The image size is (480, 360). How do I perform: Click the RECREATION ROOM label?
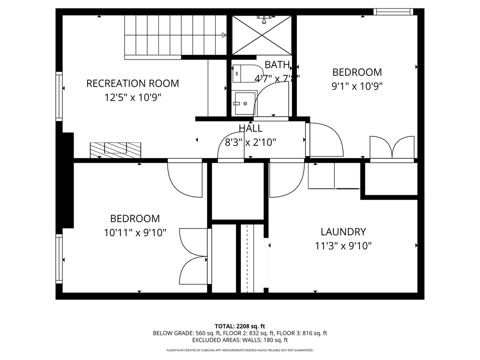click(133, 83)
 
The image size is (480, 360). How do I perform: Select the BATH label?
click(277, 65)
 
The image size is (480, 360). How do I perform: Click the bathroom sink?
click(243, 103)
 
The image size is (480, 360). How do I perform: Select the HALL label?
click(250, 128)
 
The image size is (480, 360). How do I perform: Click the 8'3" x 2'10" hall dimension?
click(250, 142)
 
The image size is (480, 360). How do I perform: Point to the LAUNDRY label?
click(343, 232)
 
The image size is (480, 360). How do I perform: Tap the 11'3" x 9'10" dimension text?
click(343, 246)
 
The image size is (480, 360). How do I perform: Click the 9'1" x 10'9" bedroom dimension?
click(357, 86)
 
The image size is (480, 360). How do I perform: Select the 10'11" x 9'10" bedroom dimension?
click(135, 232)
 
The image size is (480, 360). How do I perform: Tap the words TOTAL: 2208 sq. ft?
click(240, 326)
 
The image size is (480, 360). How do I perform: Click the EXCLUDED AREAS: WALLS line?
click(240, 340)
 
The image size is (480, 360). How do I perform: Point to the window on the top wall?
click(393, 12)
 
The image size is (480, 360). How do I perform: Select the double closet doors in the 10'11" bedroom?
click(193, 256)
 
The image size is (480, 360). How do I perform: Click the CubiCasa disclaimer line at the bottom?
click(240, 350)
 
